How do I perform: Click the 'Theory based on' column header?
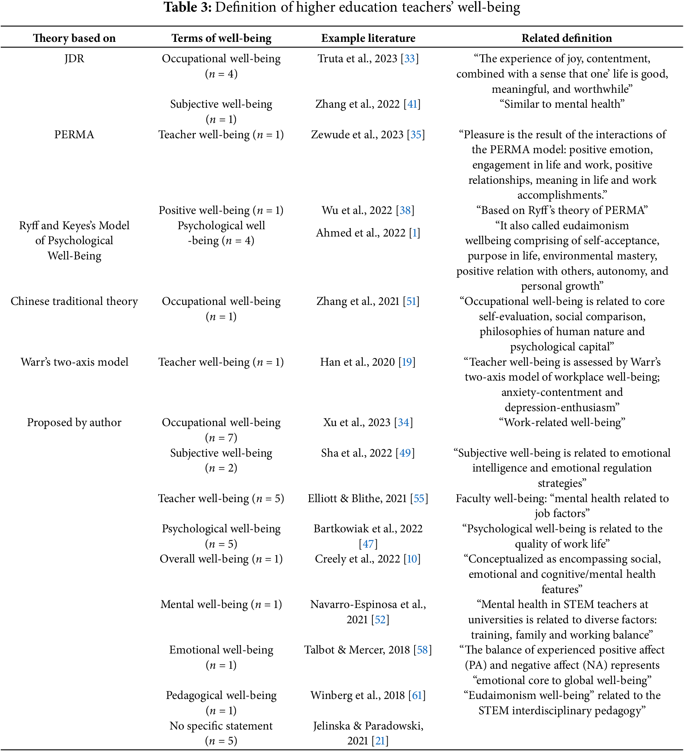point(74,38)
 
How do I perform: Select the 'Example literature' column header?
point(368,38)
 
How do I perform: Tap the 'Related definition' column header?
point(566,38)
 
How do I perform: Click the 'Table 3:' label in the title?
point(188,7)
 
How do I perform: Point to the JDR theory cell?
point(74,59)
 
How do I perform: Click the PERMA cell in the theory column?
point(74,135)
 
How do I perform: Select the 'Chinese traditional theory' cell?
point(74,301)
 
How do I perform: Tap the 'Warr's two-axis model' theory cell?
point(74,362)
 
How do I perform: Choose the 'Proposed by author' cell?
point(74,422)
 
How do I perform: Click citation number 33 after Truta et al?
point(409,59)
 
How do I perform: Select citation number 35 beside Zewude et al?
point(416,135)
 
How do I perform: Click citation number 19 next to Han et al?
point(407,362)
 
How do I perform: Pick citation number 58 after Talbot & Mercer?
point(422,650)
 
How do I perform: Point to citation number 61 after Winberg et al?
point(417,695)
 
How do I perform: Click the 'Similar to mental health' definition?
point(562,104)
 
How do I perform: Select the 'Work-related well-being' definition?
point(562,422)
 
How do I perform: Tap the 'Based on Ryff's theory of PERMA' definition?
point(562,210)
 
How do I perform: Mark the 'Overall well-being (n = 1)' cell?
point(221,559)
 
